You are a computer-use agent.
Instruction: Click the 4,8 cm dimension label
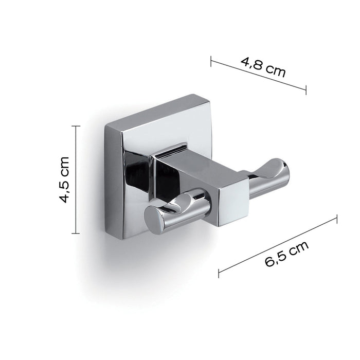click(263, 66)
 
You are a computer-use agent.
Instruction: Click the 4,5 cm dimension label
click(64, 180)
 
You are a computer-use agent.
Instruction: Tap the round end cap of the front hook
click(155, 219)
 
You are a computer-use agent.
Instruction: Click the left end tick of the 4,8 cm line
click(211, 61)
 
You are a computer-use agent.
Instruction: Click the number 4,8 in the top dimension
click(253, 63)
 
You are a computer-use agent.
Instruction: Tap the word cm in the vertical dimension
click(64, 165)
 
